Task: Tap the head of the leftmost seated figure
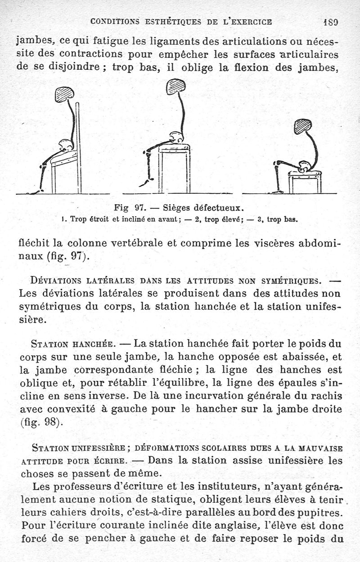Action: [x=64, y=94]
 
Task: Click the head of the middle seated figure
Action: [x=175, y=86]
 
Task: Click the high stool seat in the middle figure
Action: [x=174, y=147]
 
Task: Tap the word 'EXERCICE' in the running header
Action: [x=252, y=21]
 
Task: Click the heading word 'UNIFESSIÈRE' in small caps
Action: [x=92, y=448]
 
